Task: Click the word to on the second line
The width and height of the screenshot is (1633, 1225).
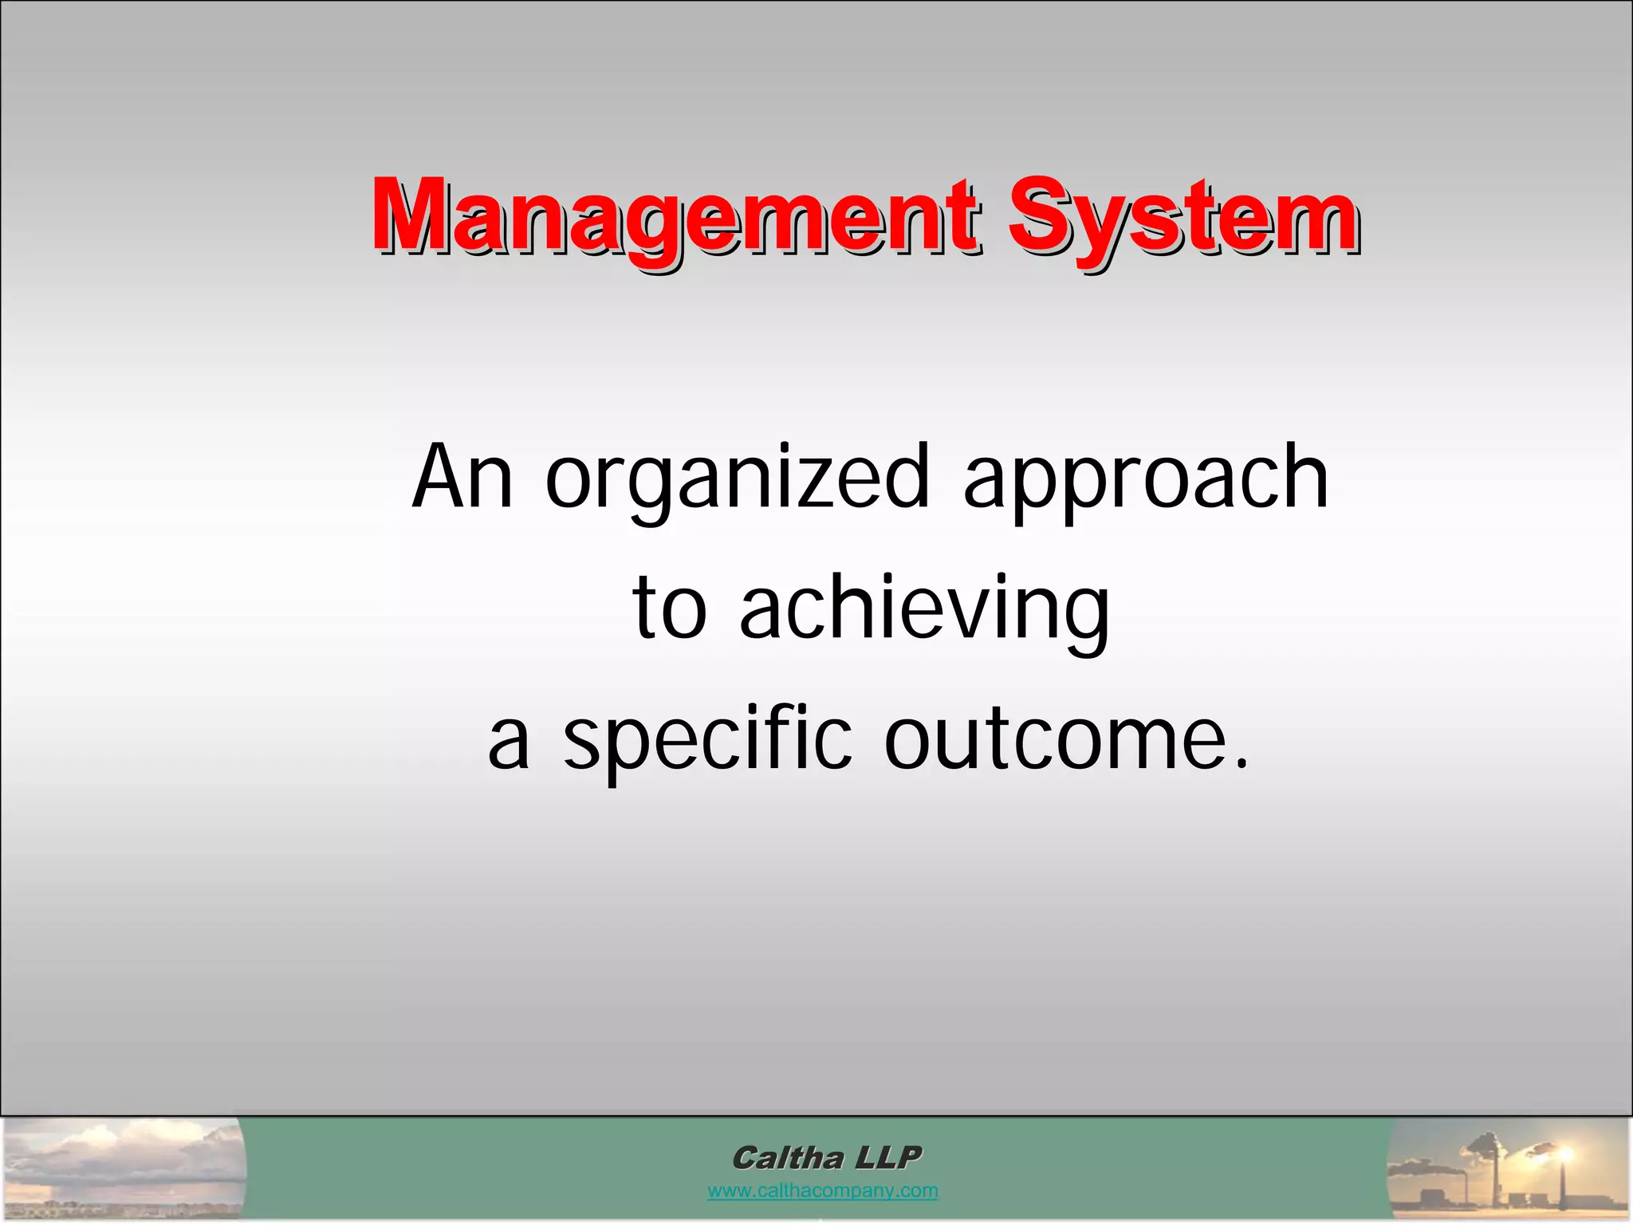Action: [x=669, y=610]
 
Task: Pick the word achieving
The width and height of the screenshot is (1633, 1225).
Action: [x=925, y=610]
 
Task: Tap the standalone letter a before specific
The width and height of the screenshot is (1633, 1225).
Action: [x=509, y=742]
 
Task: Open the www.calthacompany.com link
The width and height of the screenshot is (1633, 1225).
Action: [x=822, y=1192]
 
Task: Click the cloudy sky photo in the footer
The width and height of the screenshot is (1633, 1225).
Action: [x=124, y=1168]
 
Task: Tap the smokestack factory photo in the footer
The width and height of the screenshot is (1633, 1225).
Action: [x=1507, y=1169]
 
